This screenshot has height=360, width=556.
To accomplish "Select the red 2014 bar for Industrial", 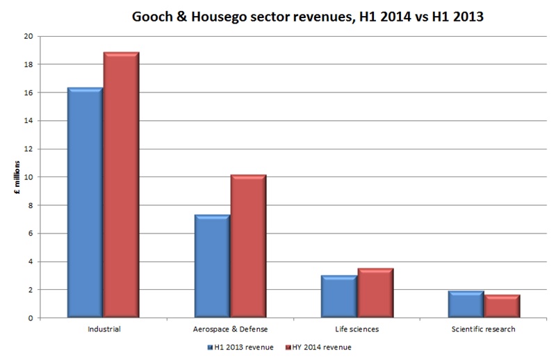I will [121, 185].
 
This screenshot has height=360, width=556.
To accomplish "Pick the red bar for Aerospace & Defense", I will [248, 246].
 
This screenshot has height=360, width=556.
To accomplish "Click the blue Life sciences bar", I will [339, 297].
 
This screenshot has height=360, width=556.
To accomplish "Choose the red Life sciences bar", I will [375, 293].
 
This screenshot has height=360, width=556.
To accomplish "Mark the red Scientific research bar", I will [502, 306].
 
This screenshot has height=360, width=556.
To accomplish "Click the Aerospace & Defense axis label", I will [230, 329].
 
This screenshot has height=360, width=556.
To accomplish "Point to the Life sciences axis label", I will [357, 329].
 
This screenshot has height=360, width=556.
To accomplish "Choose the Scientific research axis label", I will [484, 329].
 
